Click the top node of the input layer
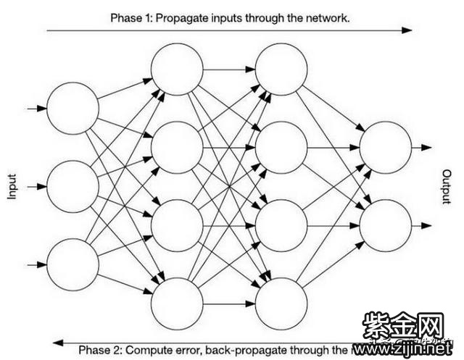(72, 109)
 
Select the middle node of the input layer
(72, 186)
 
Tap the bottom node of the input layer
(72, 264)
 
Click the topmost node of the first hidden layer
(177, 70)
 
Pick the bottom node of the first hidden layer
(177, 303)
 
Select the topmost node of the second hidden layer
(281, 70)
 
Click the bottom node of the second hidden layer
(281, 303)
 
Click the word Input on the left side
(12, 186)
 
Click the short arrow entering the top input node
(36, 109)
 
